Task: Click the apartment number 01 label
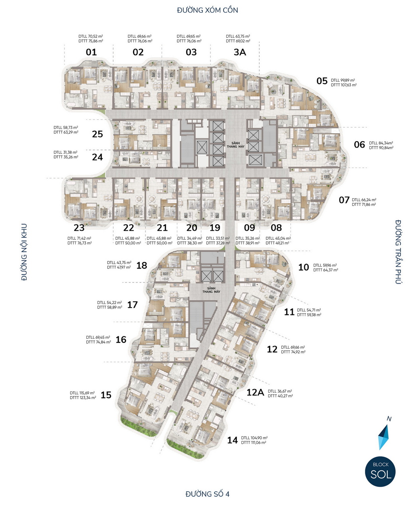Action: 91,52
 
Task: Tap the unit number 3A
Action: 240,52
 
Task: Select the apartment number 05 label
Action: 322,81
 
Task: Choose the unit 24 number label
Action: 97,157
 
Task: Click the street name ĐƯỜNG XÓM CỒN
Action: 208,10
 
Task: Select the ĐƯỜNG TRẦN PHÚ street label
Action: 398,252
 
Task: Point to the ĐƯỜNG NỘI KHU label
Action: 24,252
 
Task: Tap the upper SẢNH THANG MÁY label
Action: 235,145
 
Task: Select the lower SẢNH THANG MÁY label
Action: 211,290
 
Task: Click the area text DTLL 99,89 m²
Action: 343,80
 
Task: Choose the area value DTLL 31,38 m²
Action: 65,152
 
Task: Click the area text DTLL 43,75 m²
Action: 119,263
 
